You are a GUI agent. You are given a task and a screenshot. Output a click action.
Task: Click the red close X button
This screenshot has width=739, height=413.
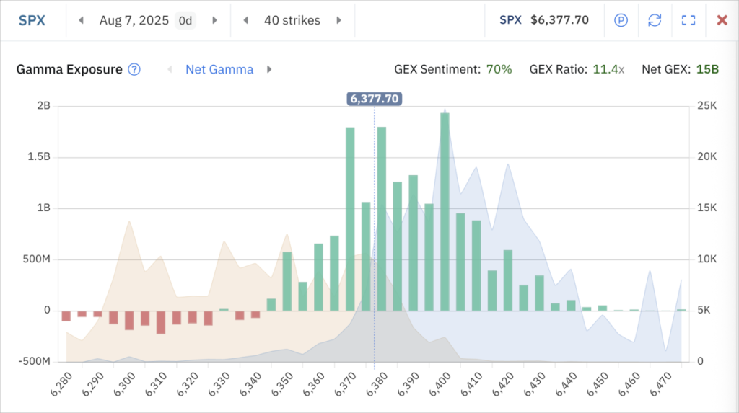(722, 20)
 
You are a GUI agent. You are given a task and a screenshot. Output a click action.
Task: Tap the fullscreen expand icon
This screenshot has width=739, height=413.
(688, 20)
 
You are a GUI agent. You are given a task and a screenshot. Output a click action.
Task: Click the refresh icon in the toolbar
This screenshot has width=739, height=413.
(655, 20)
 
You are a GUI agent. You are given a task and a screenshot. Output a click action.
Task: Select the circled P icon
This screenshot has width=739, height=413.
(621, 20)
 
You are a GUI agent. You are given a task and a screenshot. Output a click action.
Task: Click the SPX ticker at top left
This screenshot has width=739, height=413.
(32, 20)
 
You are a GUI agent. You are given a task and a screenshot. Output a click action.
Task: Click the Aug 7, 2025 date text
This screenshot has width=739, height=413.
(134, 20)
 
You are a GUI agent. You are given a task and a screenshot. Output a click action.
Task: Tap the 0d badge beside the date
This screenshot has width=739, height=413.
(185, 20)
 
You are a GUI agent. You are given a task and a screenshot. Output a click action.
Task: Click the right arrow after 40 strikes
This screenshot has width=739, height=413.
(338, 20)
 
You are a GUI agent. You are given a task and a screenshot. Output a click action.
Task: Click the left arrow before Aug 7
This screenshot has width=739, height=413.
(81, 20)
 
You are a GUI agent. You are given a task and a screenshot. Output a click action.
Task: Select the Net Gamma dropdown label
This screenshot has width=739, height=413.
(219, 69)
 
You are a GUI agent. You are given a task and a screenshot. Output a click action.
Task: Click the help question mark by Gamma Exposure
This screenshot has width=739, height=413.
(134, 69)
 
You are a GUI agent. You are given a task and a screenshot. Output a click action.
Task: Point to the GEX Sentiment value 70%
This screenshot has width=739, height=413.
(499, 69)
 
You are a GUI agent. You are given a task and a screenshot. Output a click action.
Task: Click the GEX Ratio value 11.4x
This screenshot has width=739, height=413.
(608, 69)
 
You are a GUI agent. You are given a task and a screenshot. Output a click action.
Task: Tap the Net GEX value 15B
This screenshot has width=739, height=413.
(707, 69)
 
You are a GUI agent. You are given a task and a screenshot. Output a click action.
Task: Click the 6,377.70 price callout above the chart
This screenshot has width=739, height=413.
(374, 99)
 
